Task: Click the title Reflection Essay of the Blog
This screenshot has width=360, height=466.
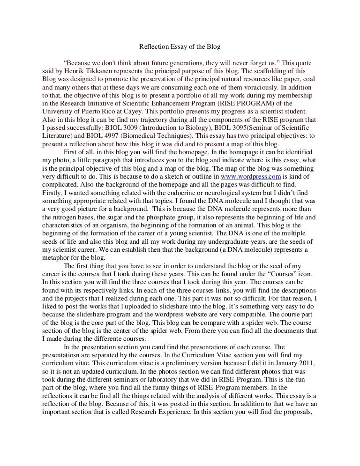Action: tap(180, 47)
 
